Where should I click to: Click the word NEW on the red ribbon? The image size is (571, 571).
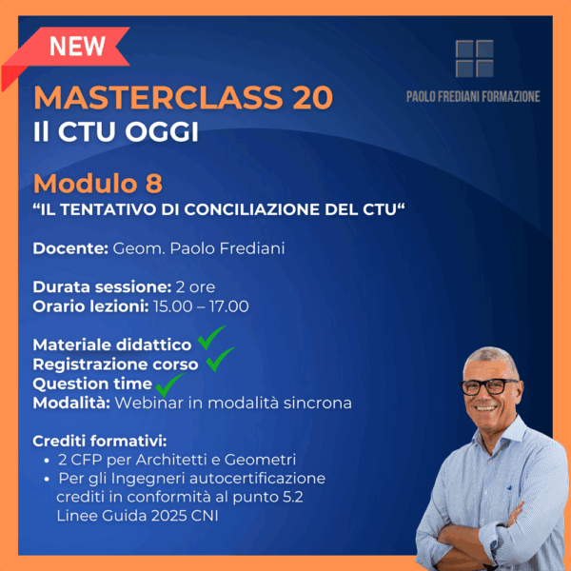(77, 46)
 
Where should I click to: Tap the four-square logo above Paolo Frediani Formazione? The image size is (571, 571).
(475, 59)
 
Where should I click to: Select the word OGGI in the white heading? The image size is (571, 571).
(163, 131)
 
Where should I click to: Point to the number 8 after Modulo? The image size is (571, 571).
(153, 183)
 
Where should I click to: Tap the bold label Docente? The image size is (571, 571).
(70, 248)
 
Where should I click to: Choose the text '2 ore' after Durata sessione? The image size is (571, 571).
(195, 287)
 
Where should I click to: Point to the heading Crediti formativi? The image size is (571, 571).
(100, 441)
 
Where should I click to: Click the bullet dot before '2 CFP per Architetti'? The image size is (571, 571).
(47, 461)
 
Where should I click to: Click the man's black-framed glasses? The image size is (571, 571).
(489, 386)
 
